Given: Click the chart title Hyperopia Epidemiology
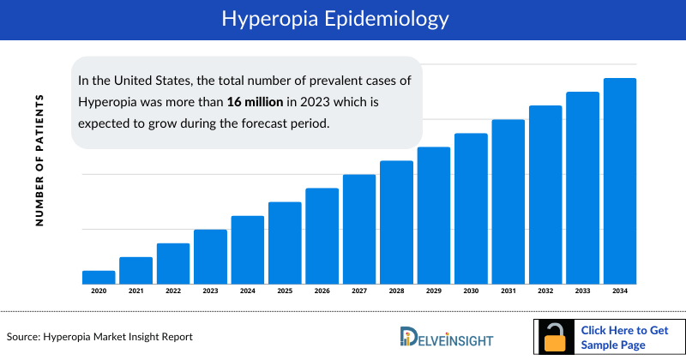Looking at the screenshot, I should [x=343, y=19].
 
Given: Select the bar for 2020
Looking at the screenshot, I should [x=99, y=277].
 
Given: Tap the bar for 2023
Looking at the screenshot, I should [x=210, y=256].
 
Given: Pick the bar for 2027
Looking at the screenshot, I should [x=359, y=229].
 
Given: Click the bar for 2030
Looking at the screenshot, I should [x=471, y=208].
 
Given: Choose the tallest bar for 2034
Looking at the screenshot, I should [x=620, y=180].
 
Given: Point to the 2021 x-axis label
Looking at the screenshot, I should [x=135, y=291].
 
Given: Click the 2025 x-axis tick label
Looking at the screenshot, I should [x=285, y=291].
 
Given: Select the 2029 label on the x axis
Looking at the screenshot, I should [x=434, y=291].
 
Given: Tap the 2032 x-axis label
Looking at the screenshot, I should [x=545, y=291].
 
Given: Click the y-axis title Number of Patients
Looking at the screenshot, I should [x=39, y=159].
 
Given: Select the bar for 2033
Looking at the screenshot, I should [x=582, y=187].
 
